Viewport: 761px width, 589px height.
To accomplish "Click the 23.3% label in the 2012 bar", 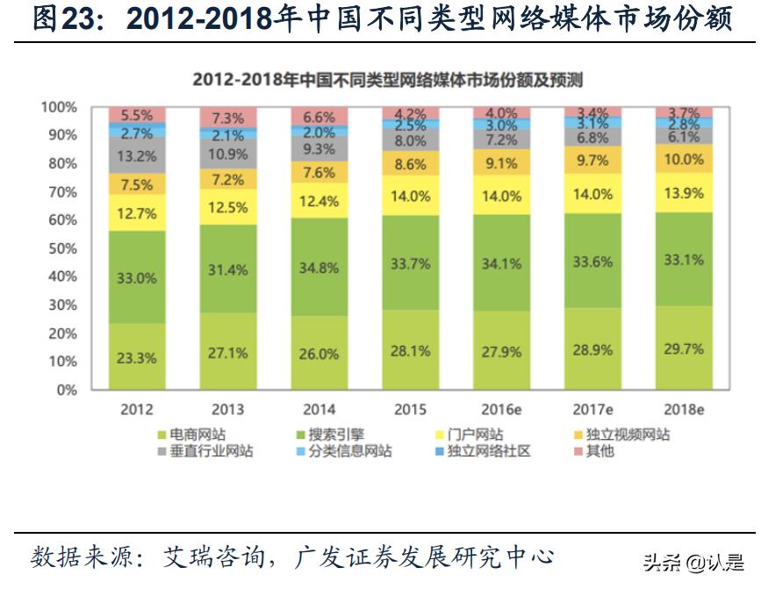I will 137,357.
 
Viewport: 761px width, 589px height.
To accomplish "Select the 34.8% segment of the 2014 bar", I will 319,268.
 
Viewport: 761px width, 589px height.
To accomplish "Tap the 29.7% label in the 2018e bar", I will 685,349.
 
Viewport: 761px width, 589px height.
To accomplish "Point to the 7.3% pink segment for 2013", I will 227,119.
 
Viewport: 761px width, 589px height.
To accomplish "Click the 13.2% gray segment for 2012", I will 137,156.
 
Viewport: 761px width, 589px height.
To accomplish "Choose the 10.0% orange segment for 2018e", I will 685,159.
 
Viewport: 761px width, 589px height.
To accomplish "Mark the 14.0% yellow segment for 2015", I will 410,197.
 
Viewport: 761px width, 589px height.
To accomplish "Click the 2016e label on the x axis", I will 501,409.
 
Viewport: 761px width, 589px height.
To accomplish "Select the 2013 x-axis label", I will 227,409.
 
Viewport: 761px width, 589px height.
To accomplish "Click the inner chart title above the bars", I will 387,80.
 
